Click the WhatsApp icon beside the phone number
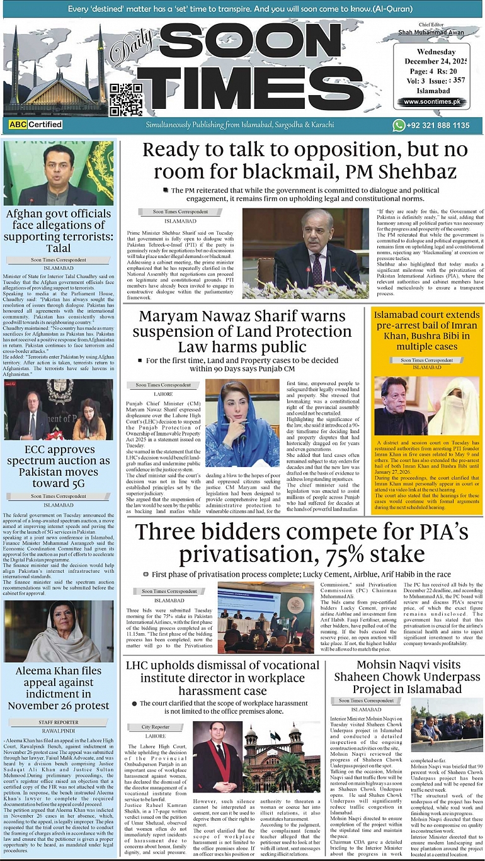[398, 125]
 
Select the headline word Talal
[59, 248]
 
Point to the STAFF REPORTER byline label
[59, 722]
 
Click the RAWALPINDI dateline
[59, 730]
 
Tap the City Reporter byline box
[155, 727]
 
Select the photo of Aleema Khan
[59, 631]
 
